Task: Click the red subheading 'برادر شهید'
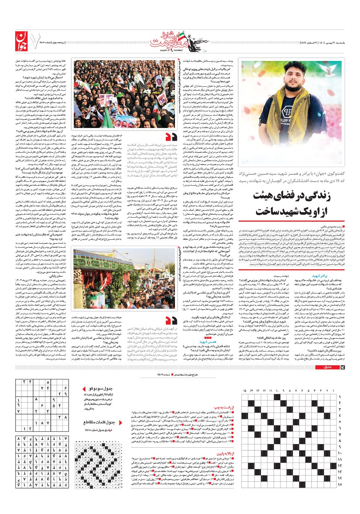tap(320, 276)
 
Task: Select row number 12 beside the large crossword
tap(340, 465)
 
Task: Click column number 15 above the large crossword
tap(245, 391)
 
